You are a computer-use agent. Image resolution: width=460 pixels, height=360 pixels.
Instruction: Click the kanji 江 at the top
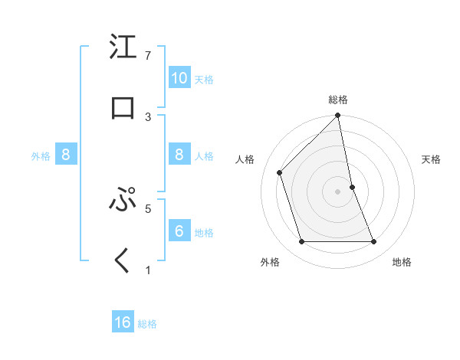point(123,47)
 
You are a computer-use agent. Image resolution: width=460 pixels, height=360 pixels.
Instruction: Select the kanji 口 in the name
point(123,107)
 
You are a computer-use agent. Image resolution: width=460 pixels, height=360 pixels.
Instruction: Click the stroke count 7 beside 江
point(148,56)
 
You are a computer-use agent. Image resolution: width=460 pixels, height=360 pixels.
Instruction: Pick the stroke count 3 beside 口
point(148,116)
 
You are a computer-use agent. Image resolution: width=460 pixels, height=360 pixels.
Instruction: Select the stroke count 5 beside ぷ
point(148,208)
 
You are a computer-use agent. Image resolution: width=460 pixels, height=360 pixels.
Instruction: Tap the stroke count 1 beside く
point(148,270)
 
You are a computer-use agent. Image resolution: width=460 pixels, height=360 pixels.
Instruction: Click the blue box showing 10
point(179,77)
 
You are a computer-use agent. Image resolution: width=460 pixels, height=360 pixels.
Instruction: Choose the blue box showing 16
point(123,322)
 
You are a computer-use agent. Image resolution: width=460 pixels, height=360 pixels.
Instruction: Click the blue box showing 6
point(179,231)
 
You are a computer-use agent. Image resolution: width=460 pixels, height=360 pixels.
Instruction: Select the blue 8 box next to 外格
point(66,155)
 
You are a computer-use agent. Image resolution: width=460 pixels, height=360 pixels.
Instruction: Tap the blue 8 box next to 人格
point(179,155)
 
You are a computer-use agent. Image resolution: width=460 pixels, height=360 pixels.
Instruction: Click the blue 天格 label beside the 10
point(204,79)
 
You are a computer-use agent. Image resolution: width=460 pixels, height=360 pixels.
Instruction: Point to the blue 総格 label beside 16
point(147,324)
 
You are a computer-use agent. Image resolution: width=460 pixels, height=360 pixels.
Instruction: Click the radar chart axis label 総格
point(338,100)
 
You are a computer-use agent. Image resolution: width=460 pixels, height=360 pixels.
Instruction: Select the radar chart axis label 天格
point(431,159)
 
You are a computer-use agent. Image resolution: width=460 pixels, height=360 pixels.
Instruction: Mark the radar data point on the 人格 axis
point(280,172)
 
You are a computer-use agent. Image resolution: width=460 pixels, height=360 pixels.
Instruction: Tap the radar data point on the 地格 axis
point(373,242)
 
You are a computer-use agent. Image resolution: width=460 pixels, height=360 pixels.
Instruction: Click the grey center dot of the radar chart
point(337,191)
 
